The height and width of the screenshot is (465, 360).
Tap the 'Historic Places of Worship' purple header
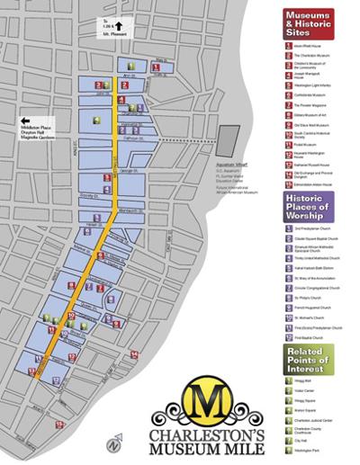tap(308, 206)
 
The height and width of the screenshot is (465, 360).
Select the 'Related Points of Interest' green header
tap(308, 358)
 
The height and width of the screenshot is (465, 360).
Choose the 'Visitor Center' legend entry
tap(305, 391)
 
